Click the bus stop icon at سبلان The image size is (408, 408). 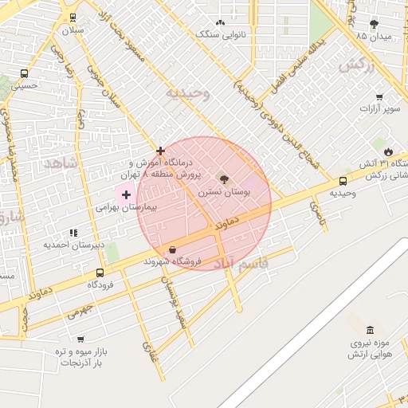73,17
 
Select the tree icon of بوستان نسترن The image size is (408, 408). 222,180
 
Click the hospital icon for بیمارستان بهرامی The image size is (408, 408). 126,194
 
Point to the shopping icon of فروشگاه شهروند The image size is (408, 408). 173,249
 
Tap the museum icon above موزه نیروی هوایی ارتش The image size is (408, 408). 369,330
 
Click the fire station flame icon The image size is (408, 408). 388,151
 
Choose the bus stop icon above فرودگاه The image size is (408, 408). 100,273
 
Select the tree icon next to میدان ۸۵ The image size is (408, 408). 375,25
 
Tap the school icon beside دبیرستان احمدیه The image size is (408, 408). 73,233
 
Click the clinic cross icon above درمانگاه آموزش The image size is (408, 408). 160,150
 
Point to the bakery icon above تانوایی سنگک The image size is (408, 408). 221,23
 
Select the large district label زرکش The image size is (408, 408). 356,67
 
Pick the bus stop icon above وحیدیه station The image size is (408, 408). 343,181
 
